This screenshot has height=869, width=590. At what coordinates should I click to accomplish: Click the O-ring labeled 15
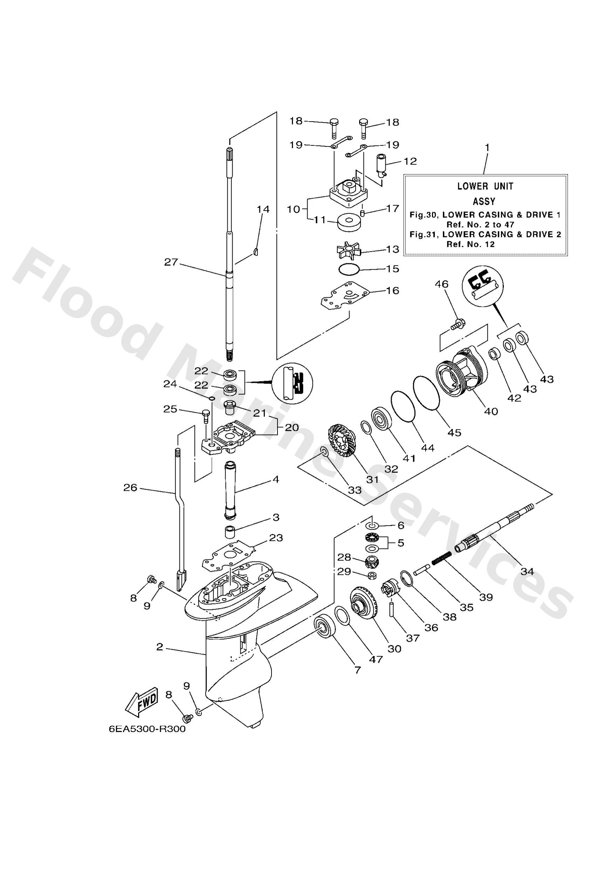[348, 269]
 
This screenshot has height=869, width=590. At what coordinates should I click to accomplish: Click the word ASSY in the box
[484, 201]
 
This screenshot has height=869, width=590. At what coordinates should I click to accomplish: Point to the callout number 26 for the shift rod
[130, 488]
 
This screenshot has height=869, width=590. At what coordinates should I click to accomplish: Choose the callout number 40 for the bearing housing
[491, 411]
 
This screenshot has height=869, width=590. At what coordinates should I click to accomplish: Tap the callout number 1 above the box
[487, 148]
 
